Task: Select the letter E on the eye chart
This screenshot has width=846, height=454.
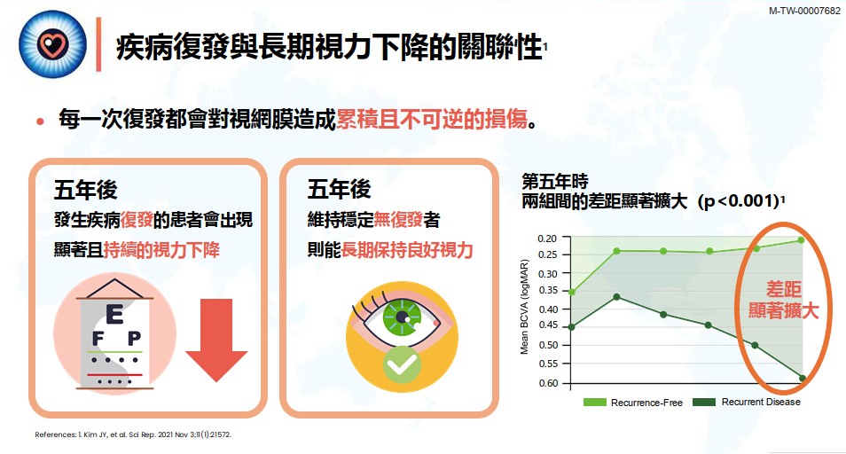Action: click(x=114, y=313)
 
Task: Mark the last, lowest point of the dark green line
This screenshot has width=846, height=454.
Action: click(x=802, y=379)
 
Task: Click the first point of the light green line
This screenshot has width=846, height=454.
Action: click(x=572, y=292)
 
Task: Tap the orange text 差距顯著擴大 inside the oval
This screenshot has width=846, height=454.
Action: click(x=785, y=301)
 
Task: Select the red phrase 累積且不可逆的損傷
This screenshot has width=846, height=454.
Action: click(x=432, y=120)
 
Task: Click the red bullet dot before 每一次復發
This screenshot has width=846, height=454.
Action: click(x=40, y=121)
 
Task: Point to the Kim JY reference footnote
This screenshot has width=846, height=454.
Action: click(x=133, y=435)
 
